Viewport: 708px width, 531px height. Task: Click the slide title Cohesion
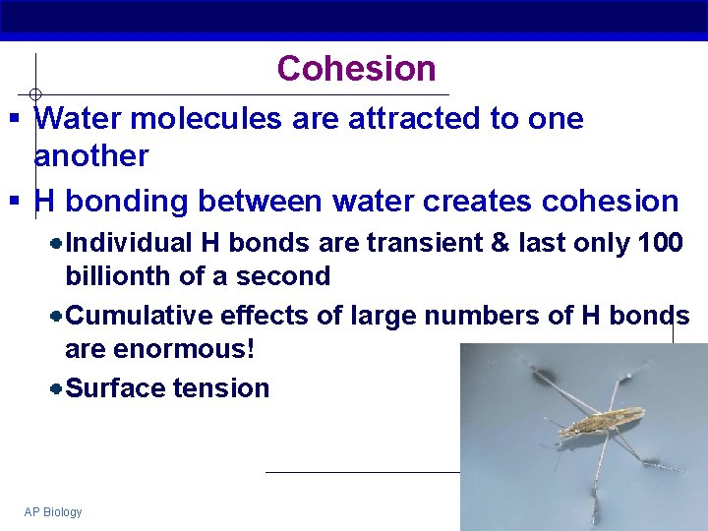[x=356, y=69]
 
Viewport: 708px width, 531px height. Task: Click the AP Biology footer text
[x=53, y=512]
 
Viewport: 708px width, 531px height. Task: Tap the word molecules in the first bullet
[x=205, y=119]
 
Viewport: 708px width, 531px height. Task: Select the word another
[x=91, y=156]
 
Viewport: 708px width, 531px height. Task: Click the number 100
[x=661, y=243]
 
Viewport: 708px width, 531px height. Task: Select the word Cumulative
[x=139, y=316]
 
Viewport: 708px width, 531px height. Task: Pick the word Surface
[x=115, y=388]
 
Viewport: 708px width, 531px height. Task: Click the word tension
[x=221, y=388]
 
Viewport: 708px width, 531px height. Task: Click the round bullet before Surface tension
[x=57, y=388]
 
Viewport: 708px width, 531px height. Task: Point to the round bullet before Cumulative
[x=57, y=316]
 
